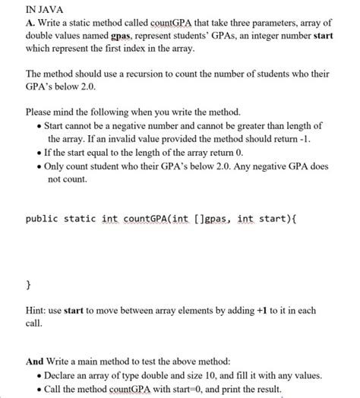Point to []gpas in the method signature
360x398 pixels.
click(x=215, y=220)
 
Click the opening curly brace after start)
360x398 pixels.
click(x=294, y=220)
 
